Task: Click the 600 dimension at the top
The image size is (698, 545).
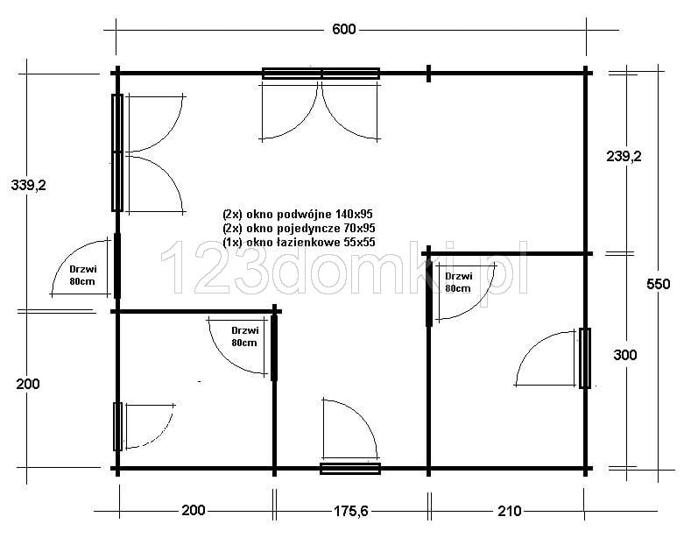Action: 343,30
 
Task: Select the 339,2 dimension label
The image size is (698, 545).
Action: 29,185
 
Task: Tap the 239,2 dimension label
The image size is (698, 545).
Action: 624,156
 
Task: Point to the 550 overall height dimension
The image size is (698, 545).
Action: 658,284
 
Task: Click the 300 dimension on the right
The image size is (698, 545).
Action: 625,355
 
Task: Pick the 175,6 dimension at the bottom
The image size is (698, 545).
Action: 351,511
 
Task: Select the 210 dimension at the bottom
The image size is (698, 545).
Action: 509,511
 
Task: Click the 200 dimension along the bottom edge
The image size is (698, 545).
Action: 194,510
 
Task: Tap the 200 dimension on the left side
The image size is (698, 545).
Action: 28,384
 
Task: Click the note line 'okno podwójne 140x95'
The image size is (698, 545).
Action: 298,214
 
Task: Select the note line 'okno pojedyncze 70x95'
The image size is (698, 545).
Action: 299,229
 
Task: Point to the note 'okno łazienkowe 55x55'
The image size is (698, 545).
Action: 299,242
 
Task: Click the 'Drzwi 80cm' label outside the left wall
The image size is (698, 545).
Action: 82,275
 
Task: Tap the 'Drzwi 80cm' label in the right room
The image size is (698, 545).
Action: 459,282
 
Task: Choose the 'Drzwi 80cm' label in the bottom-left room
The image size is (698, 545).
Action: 244,336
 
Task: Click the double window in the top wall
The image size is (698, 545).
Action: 321,74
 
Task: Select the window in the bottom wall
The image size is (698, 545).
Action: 350,469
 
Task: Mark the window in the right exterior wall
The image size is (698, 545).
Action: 585,358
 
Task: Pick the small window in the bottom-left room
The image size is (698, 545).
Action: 117,427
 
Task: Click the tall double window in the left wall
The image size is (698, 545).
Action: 117,152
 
